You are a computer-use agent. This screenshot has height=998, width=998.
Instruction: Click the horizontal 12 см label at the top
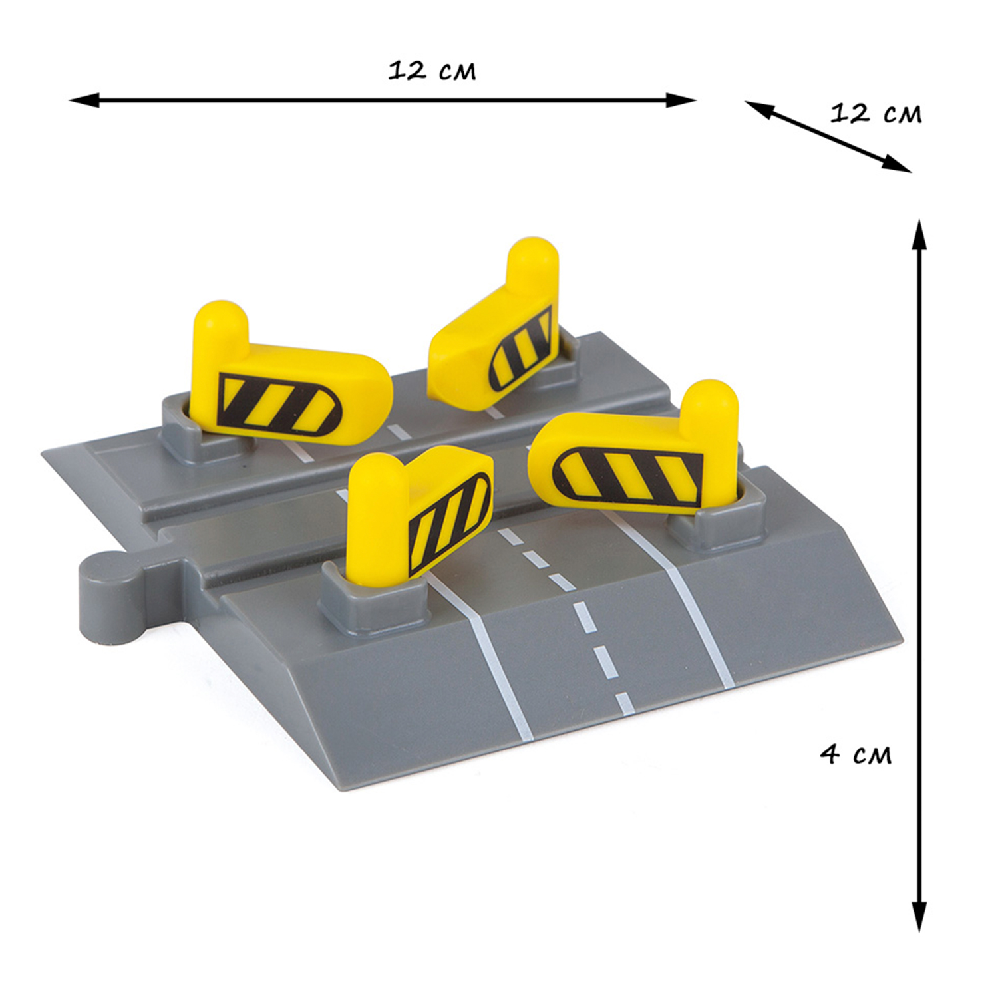pos(432,71)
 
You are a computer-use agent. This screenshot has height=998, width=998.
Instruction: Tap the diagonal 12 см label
pos(876,114)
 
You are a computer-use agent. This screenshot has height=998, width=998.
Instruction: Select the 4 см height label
pos(856,754)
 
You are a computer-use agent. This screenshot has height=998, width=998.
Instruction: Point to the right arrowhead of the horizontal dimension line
pos(681,101)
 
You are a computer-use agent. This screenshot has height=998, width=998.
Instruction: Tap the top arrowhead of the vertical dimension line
pos(919,234)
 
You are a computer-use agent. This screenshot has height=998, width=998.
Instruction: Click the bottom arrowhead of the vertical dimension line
pos(919,915)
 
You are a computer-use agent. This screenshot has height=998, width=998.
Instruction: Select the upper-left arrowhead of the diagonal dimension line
pos(759,108)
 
